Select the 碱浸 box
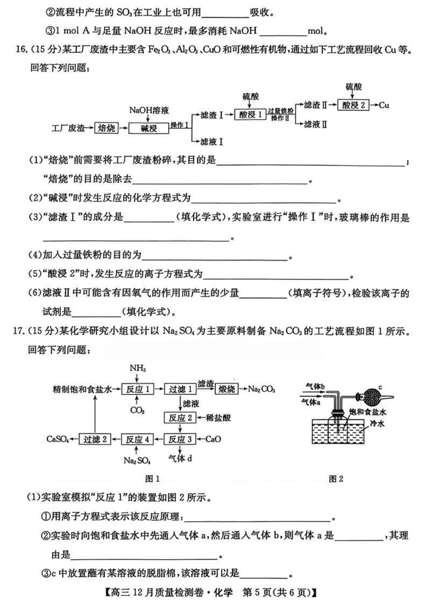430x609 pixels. pos(148,128)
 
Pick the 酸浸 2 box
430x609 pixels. pos(354,105)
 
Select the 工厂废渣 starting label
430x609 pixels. pos(68,128)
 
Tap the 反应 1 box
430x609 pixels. pos(138,388)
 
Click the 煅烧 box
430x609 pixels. pos(229,388)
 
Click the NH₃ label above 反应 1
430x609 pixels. pos(138,369)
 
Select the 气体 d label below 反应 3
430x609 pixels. pos(180,458)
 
